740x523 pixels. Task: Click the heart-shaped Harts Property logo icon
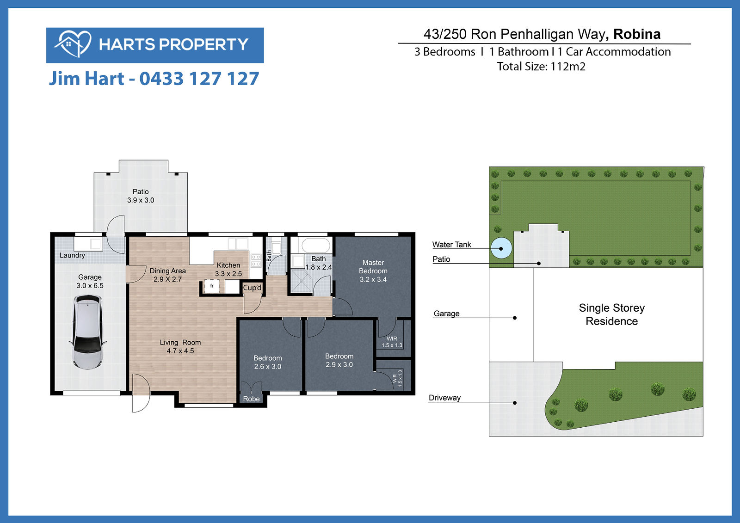(x=73, y=44)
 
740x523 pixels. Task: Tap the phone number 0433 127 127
(x=199, y=79)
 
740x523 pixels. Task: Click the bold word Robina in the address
(x=637, y=34)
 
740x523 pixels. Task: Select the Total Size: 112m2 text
(x=541, y=67)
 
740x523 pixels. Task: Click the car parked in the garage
(x=87, y=332)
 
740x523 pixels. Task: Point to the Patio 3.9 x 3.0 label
(x=141, y=196)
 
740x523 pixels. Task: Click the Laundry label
(x=72, y=255)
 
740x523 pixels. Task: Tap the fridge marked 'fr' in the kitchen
(x=212, y=286)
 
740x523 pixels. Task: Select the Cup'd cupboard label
(x=252, y=288)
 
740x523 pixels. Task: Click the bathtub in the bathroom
(x=315, y=246)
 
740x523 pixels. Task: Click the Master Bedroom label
(x=373, y=271)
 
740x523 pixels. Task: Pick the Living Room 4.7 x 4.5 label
(x=180, y=346)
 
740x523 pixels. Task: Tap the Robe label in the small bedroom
(x=252, y=399)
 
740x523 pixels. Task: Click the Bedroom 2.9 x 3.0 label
(x=339, y=360)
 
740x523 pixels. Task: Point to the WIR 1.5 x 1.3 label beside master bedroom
(x=392, y=342)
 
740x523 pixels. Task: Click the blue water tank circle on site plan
(x=501, y=248)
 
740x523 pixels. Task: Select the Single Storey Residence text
(x=612, y=314)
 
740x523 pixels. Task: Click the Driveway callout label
(x=444, y=398)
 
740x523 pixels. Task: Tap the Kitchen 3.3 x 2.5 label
(x=228, y=269)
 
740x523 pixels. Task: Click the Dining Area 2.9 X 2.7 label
(x=167, y=275)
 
